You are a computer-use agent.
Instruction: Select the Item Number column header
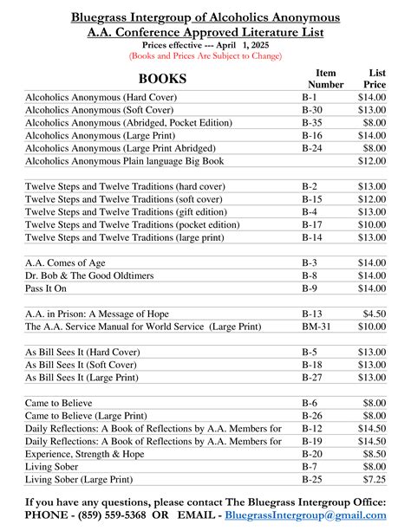point(325,79)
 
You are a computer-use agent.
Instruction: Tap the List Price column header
point(376,79)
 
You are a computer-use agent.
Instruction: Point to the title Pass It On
point(49,288)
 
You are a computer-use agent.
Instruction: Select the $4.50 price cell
point(375,314)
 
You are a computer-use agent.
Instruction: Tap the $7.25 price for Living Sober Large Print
point(375,479)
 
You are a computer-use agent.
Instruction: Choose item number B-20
point(311,454)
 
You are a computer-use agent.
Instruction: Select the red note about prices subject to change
point(205,55)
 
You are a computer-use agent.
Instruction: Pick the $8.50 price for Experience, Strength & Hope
point(375,454)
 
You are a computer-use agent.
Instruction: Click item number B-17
point(311,224)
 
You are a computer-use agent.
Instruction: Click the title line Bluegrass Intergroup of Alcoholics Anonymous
point(205,17)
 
